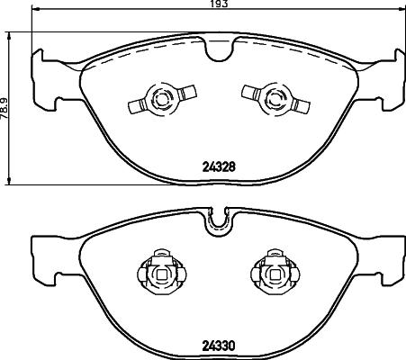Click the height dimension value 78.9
[x=5, y=109]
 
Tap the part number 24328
[x=219, y=166]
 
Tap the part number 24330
[x=219, y=346]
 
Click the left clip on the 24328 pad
[x=162, y=98]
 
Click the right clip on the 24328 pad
[x=276, y=98]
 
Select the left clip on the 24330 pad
[x=162, y=273]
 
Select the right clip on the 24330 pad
[x=275, y=273]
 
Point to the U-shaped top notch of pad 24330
[x=219, y=223]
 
